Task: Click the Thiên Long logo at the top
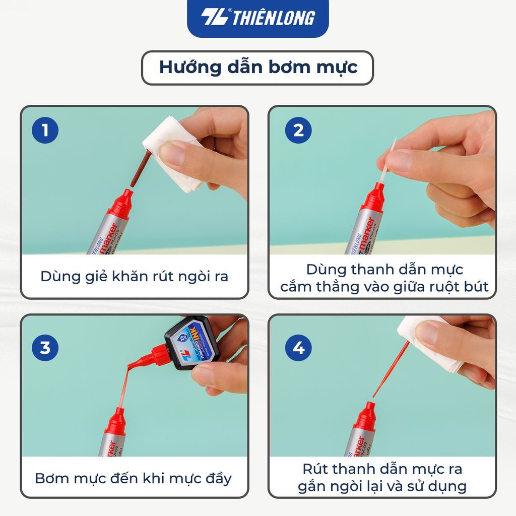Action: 257,18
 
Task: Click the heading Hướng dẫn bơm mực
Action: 257,68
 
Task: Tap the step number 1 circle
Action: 45,131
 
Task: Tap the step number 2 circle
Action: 298,131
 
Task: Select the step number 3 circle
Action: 45,348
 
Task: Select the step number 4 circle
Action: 298,348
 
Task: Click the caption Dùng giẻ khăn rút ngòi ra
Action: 134,277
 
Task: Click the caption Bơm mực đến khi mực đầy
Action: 133,478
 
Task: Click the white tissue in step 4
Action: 428,343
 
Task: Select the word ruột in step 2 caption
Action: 435,287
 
